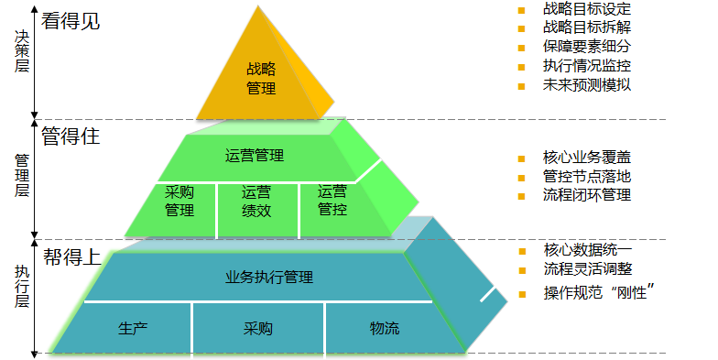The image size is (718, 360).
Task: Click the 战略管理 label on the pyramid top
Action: tap(261, 79)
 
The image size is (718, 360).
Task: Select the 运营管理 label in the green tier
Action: tap(255, 156)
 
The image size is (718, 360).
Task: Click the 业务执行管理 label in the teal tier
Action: tap(269, 277)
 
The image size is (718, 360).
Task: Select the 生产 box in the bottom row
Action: tap(133, 328)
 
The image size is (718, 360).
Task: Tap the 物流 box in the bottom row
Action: tap(385, 328)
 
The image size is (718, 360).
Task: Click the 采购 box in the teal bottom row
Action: tap(258, 328)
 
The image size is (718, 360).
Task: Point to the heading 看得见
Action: tap(71, 21)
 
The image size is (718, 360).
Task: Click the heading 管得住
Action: tap(71, 136)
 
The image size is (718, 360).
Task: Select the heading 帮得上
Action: tap(71, 256)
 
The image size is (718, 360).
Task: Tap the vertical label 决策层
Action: tap(22, 51)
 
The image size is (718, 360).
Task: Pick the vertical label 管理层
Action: tap(22, 176)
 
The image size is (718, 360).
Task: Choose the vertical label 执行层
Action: tap(22, 286)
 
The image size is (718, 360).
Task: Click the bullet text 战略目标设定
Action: tap(587, 9)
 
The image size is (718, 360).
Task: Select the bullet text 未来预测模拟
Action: tap(587, 84)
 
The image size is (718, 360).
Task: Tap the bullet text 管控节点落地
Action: tap(587, 176)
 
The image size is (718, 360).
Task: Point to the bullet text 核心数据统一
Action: tap(588, 250)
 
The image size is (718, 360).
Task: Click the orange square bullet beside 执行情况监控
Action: tap(521, 67)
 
